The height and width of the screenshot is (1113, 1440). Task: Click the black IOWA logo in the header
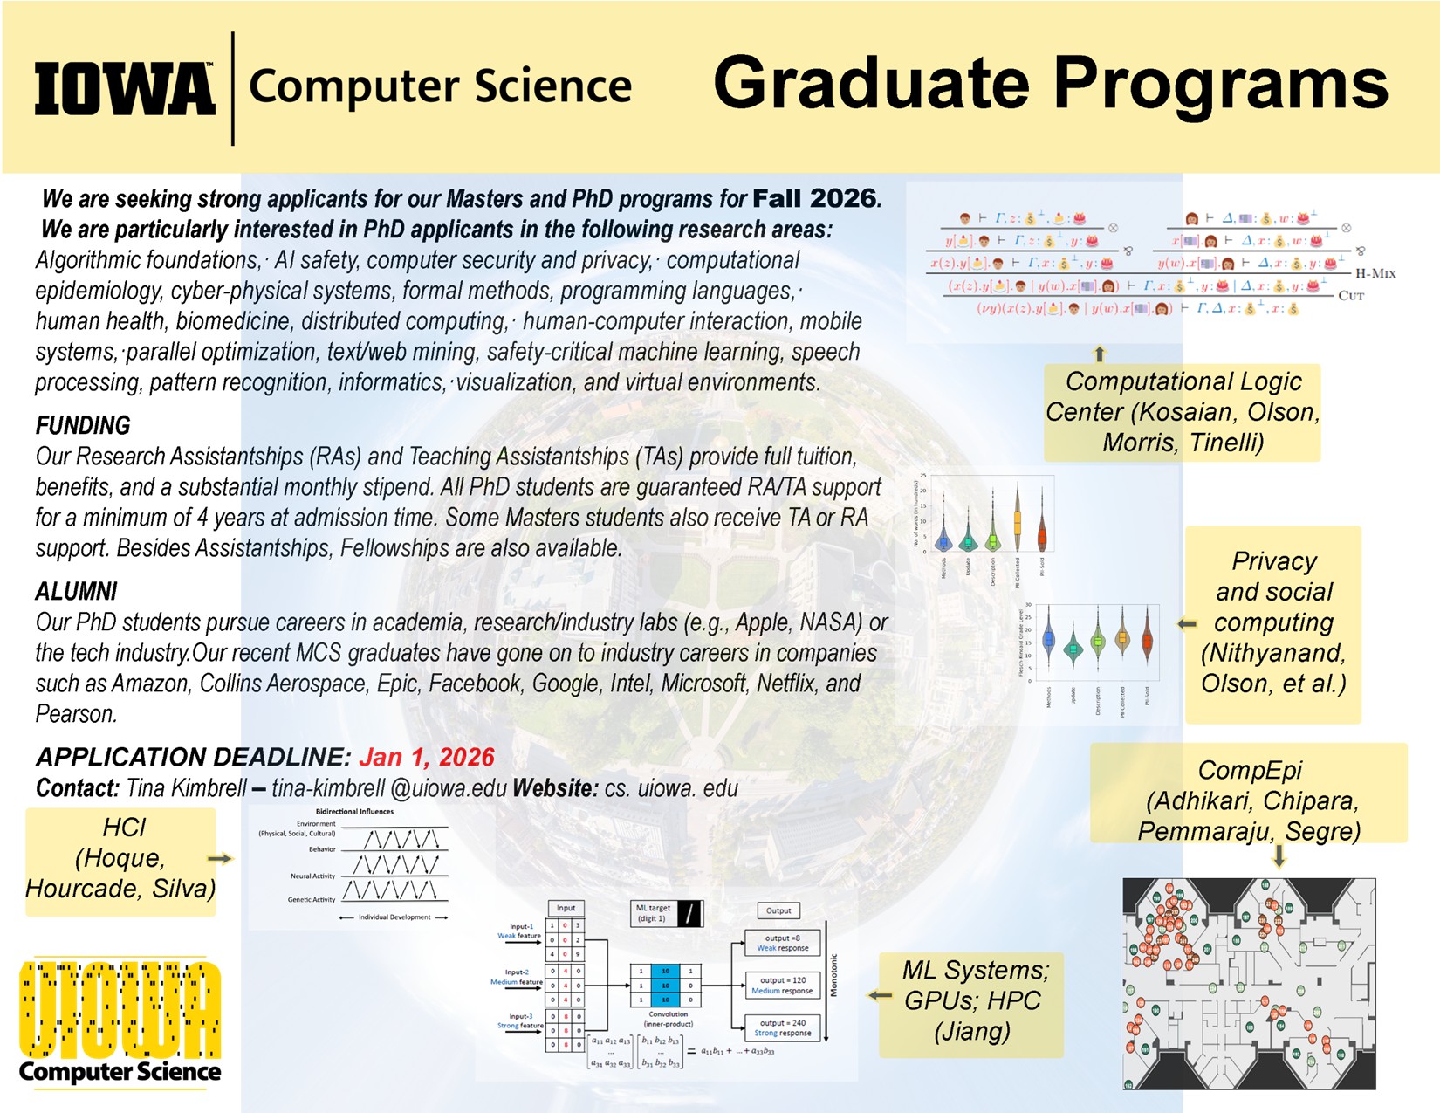click(125, 88)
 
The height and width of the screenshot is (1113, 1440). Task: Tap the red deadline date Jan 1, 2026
click(426, 757)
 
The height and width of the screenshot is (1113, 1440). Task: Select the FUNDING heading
click(83, 426)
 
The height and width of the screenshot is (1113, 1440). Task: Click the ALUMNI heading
click(76, 592)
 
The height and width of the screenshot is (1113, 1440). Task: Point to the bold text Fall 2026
click(814, 198)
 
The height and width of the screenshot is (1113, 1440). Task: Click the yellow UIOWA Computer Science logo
click(120, 1021)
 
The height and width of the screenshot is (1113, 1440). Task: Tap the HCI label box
click(120, 859)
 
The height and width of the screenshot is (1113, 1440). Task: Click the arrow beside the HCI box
click(221, 859)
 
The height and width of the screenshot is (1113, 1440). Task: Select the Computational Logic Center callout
click(1183, 412)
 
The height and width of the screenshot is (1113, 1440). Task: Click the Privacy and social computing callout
click(1273, 623)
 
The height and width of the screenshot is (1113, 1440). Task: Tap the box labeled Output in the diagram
click(778, 910)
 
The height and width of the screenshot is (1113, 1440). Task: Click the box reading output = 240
click(782, 1027)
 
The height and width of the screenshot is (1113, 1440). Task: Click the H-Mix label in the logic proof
click(1375, 273)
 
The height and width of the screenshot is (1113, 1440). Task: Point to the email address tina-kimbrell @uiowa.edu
click(389, 788)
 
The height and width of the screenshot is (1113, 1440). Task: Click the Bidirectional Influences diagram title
click(354, 812)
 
